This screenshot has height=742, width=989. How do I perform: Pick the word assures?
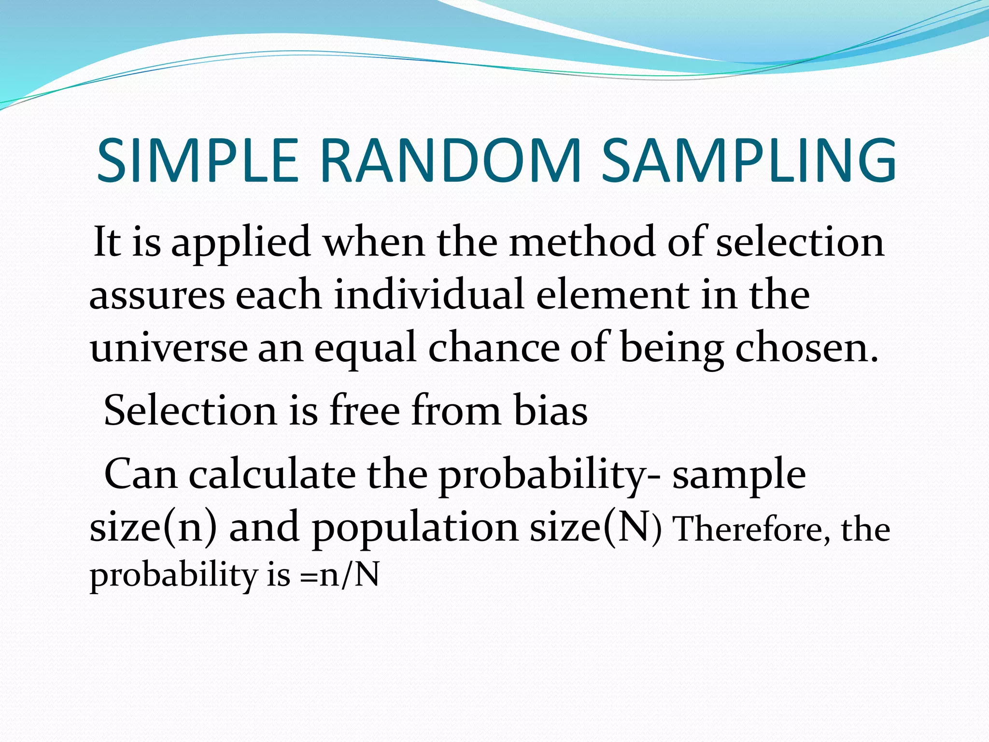157,296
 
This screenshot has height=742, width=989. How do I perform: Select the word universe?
169,349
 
